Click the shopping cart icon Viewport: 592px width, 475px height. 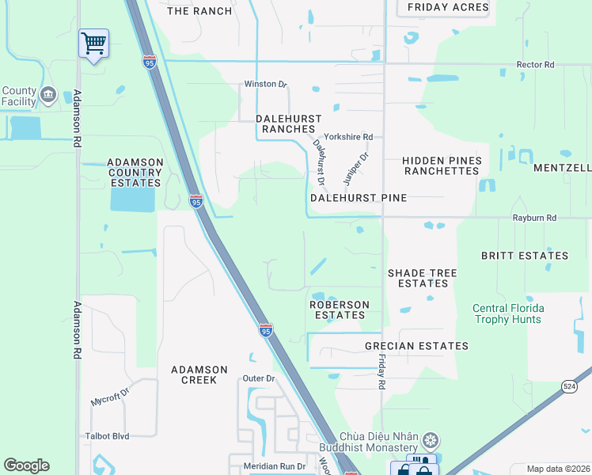[x=93, y=43]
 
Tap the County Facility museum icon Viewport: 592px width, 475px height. [x=47, y=96]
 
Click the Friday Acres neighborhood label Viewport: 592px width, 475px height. [x=448, y=7]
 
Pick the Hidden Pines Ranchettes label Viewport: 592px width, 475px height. [x=442, y=165]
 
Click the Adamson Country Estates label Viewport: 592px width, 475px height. [x=135, y=172]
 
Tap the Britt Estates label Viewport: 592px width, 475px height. [x=525, y=256]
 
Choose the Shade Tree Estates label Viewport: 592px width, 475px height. [x=422, y=278]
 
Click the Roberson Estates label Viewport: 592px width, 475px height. [x=339, y=310]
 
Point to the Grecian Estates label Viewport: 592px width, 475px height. [x=416, y=346]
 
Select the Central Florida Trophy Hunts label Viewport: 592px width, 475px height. [x=507, y=314]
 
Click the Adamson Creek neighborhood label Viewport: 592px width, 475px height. [x=199, y=374]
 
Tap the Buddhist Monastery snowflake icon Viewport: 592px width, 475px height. [x=431, y=439]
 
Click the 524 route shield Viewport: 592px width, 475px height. [x=569, y=386]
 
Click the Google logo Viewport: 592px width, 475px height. [x=26, y=465]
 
